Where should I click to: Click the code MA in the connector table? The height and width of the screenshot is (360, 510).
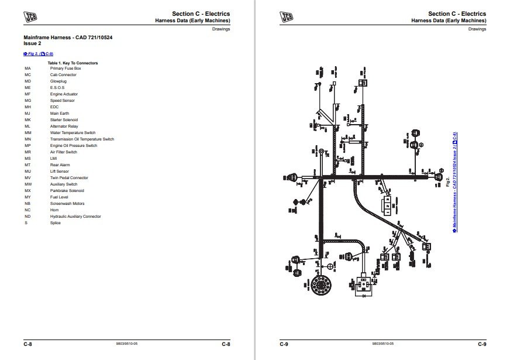[x=27, y=68]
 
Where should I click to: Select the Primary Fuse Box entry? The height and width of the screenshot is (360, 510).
[x=66, y=68]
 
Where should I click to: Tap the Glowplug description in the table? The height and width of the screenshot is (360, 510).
[x=58, y=81]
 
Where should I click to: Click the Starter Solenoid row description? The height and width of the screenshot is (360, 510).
[x=64, y=120]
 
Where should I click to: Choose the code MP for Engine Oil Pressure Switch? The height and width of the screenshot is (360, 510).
[x=27, y=146]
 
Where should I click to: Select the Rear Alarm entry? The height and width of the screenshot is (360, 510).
[x=59, y=165]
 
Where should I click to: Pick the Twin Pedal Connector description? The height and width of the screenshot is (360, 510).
[x=69, y=178]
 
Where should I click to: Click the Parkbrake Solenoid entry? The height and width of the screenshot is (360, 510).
[x=67, y=191]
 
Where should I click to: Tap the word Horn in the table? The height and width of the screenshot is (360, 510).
[x=54, y=210]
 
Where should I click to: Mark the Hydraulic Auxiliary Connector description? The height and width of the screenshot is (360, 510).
[x=75, y=217]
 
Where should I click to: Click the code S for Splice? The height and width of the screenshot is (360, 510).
[x=26, y=223]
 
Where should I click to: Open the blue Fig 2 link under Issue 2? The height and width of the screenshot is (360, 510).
[x=38, y=53]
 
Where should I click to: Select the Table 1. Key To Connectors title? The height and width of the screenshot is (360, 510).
[x=73, y=63]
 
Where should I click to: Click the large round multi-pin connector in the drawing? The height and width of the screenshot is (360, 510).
[x=321, y=286]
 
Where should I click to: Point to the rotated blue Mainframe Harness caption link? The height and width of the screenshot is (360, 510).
[x=455, y=182]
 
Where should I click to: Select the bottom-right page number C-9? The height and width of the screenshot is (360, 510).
[x=482, y=344]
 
